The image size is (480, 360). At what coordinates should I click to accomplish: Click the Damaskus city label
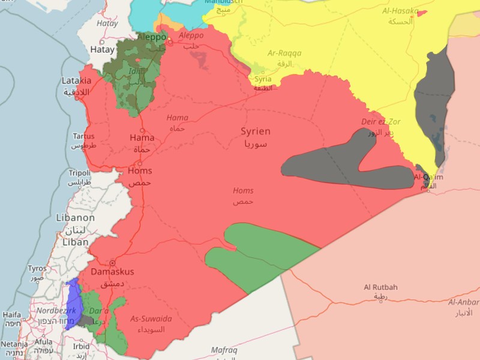(x=112, y=272)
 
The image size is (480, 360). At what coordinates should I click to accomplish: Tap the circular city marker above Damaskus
(x=112, y=263)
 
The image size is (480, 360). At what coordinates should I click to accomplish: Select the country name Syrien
(x=256, y=131)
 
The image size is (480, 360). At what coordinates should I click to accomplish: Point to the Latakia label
(x=76, y=80)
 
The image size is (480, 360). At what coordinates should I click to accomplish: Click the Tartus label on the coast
(x=83, y=136)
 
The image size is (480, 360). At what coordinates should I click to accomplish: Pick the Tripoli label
(x=79, y=172)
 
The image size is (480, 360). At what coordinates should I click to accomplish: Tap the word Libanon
(x=76, y=218)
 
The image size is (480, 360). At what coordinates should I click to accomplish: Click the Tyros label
(x=37, y=268)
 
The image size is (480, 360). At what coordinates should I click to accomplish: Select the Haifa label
(x=11, y=314)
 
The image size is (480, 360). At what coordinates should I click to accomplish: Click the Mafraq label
(x=224, y=350)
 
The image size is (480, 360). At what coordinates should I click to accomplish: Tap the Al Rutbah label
(x=380, y=287)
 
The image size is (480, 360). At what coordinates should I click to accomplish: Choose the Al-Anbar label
(x=463, y=302)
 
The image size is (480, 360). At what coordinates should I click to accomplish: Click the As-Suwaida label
(x=151, y=319)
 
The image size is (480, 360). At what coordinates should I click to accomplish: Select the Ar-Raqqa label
(x=284, y=53)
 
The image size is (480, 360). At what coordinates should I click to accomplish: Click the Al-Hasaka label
(x=400, y=11)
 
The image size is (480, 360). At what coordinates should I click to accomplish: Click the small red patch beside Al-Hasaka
(x=422, y=13)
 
